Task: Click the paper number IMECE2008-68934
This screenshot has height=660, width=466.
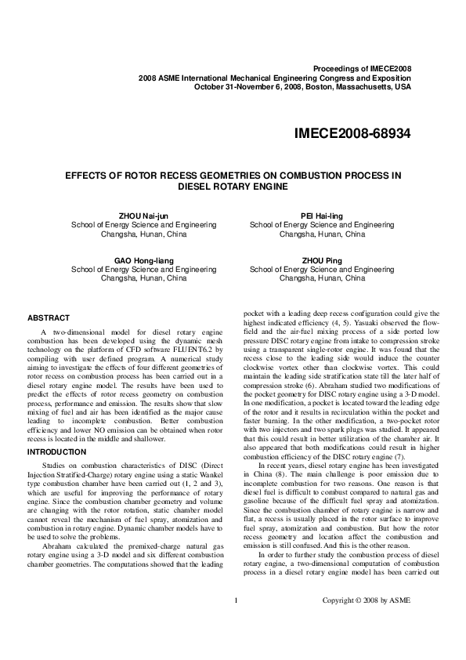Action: pos(352,133)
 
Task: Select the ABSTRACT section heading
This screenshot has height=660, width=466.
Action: pos(49,317)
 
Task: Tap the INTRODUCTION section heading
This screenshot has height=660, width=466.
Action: pos(59,452)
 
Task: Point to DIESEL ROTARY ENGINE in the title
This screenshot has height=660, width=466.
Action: pos(233,187)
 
